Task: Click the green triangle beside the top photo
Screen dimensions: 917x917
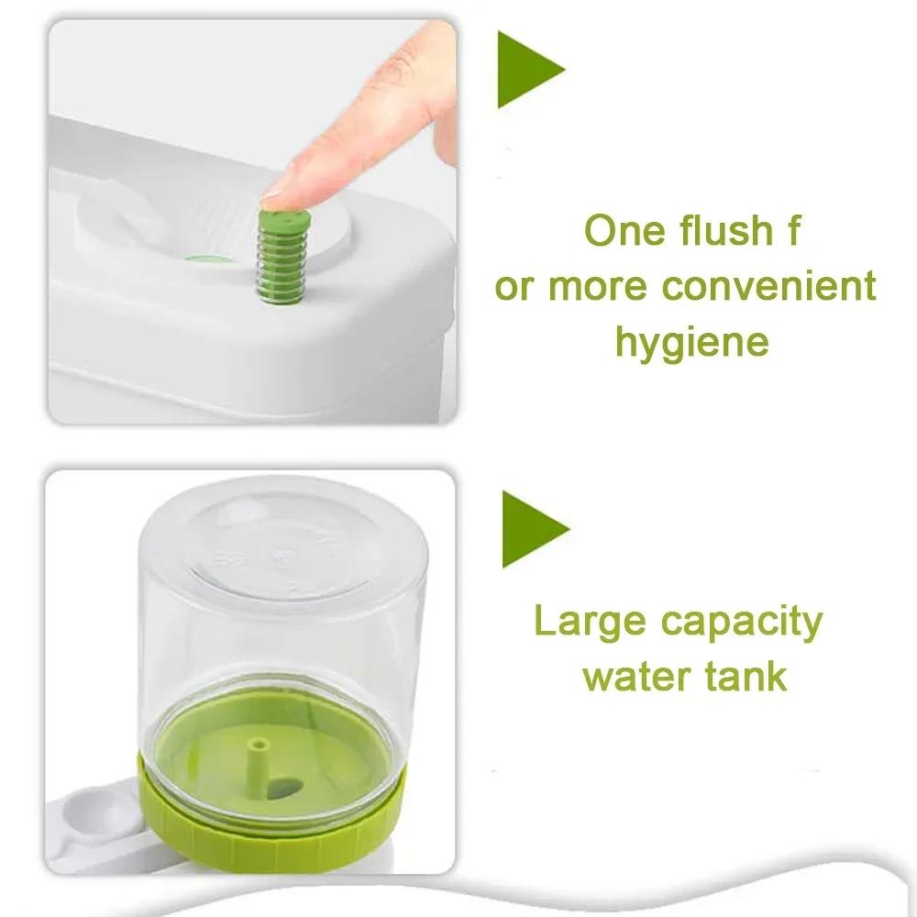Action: click(x=527, y=69)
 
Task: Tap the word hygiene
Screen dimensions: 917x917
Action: click(x=691, y=344)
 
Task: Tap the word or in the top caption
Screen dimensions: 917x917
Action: click(x=514, y=288)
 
